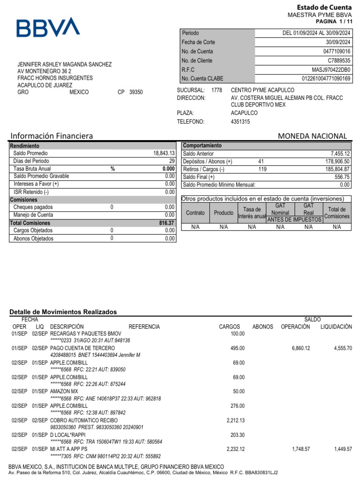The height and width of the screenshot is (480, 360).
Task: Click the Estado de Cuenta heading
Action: tap(324, 7)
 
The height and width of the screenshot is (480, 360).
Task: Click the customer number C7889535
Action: tap(339, 61)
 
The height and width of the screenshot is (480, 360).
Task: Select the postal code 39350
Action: tap(136, 92)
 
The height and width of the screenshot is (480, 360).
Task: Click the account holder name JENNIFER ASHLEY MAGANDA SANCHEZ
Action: tap(64, 64)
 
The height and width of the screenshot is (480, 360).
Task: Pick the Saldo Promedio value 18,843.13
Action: tap(164, 153)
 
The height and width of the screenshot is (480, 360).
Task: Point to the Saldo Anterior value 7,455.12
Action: tap(340, 154)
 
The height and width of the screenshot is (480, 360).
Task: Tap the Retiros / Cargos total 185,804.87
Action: tap(334, 169)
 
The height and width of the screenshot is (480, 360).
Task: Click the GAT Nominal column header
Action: tap(280, 210)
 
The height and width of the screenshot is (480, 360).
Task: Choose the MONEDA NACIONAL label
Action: tap(313, 136)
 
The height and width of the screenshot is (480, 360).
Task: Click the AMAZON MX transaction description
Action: tap(64, 391)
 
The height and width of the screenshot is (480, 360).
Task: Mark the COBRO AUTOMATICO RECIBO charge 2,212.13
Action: tap(235, 420)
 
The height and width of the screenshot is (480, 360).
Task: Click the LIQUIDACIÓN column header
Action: tap(336, 327)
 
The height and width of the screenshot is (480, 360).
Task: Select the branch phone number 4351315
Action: tap(240, 122)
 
